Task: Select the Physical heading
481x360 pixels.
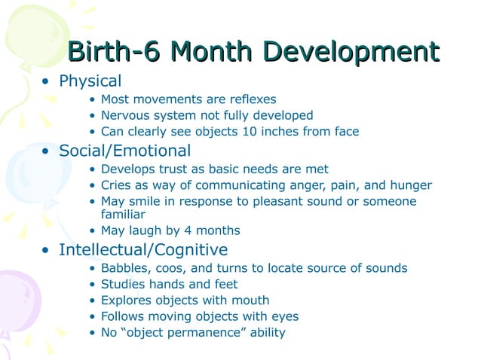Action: click(90, 81)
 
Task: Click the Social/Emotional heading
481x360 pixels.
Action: click(124, 151)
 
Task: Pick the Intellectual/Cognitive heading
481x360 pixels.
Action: click(143, 249)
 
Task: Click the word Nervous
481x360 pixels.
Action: click(124, 115)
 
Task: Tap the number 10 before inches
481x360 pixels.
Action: click(244, 132)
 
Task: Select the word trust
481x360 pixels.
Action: click(171, 169)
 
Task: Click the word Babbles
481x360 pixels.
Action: click(124, 268)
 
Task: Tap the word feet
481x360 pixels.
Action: click(224, 285)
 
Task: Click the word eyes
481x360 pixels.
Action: click(284, 316)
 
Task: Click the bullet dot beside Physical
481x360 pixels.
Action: click(47, 81)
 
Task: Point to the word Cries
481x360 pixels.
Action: click(117, 185)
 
